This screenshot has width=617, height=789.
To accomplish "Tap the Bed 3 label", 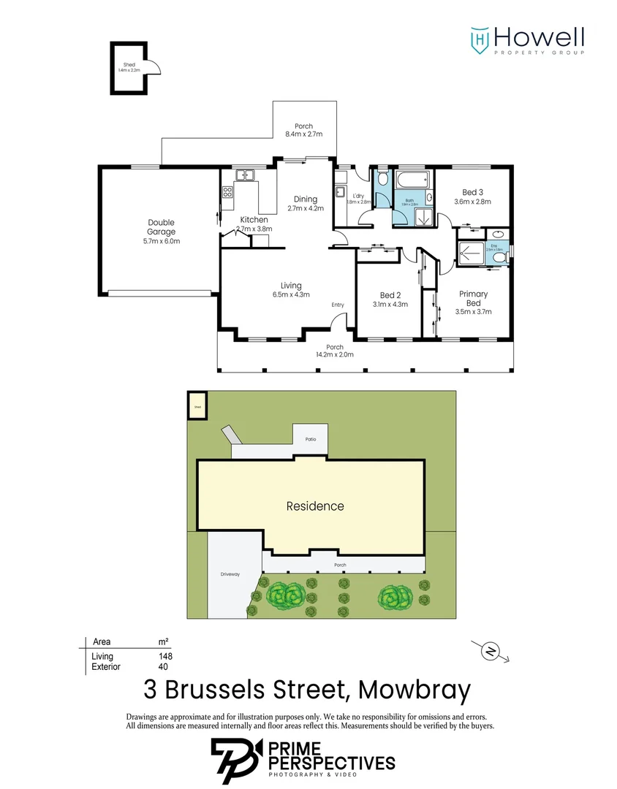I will [472, 192].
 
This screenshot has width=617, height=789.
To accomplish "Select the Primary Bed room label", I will [473, 298].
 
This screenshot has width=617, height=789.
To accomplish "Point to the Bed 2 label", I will [390, 295].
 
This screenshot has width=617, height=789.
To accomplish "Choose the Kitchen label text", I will [254, 220].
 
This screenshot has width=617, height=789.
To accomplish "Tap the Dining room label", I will [306, 199].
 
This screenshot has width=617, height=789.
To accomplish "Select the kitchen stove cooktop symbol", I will [227, 193].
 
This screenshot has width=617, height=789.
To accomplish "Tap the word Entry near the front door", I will [338, 305].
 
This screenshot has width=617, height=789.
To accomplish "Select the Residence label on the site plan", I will [314, 506].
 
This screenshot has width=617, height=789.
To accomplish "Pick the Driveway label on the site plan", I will [230, 574].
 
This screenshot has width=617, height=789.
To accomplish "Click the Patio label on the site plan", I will [310, 439].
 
